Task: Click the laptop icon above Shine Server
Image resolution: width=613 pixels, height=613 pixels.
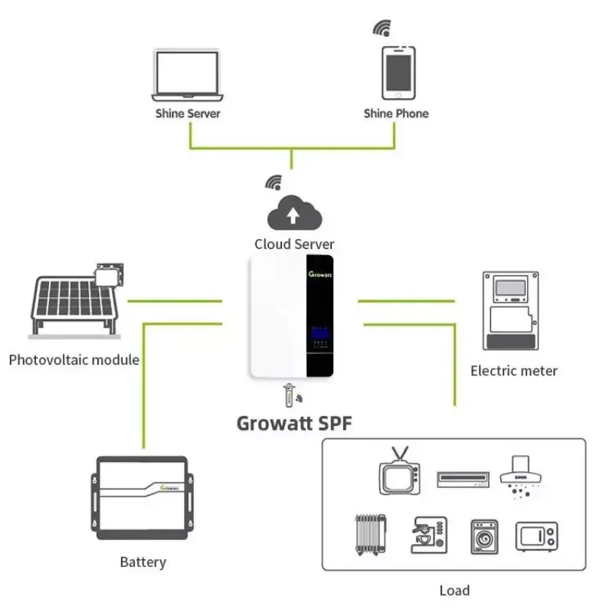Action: (187, 75)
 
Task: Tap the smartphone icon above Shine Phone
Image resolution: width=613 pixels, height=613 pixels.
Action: (398, 73)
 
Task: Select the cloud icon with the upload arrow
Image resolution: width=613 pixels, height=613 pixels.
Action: (294, 213)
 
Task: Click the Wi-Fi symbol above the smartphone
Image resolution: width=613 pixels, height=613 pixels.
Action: (382, 28)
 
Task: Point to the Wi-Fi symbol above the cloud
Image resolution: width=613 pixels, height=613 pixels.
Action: (274, 182)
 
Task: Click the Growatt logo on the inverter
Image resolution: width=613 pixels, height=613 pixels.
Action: (320, 274)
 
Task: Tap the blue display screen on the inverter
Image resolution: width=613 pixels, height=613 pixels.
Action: (320, 333)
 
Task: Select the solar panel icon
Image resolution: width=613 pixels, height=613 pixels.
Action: (77, 300)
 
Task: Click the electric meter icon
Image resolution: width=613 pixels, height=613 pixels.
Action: (510, 311)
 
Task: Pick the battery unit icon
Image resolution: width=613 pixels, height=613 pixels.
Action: (143, 497)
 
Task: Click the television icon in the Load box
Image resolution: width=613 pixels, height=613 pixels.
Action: (399, 470)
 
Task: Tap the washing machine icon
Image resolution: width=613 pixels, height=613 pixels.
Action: (484, 536)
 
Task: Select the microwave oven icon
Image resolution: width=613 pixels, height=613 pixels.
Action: (537, 536)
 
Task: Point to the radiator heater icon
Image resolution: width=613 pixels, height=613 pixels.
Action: (371, 534)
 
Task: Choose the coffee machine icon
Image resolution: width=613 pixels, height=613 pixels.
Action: (429, 535)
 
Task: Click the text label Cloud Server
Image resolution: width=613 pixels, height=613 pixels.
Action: (294, 244)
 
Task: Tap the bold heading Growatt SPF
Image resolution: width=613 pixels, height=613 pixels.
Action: (294, 424)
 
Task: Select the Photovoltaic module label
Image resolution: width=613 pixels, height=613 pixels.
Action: (74, 359)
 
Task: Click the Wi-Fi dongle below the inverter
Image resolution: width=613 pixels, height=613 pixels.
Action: (292, 395)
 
